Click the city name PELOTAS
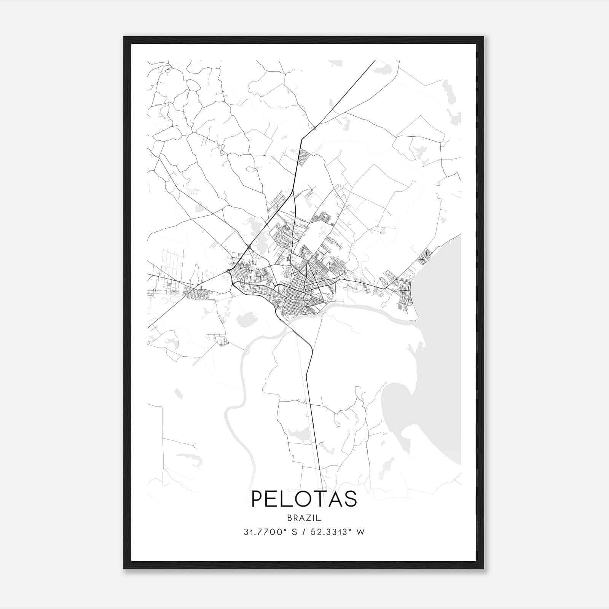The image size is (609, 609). click(304, 499)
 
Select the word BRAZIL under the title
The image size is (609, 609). click(304, 518)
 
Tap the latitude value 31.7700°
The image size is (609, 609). click(265, 532)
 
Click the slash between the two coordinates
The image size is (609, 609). click(303, 532)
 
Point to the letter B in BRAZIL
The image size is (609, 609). click(290, 518)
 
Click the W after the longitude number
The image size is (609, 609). click(361, 532)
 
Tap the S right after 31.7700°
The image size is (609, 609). click(294, 532)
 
